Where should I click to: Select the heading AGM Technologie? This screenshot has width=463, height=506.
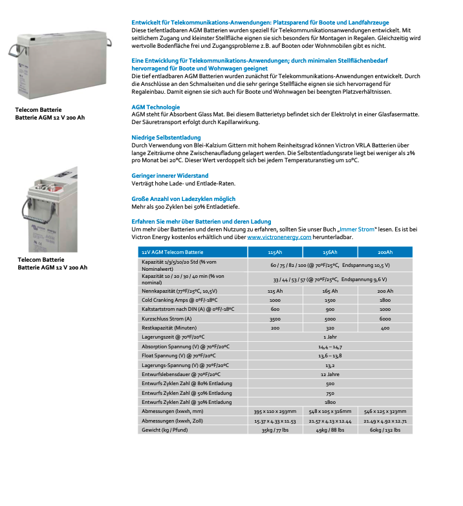click(155, 107)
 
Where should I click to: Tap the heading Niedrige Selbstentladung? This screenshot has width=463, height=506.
click(166, 138)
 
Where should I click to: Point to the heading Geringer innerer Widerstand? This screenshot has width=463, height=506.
click(169, 175)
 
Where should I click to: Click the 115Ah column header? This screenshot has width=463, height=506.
click(274, 252)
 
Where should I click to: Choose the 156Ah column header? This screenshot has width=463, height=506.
click(329, 252)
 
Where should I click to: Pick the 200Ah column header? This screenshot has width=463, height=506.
click(385, 252)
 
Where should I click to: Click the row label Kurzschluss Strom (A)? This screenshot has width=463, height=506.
click(167, 319)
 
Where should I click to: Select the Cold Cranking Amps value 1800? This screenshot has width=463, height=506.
click(385, 300)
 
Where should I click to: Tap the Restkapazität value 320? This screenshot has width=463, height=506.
click(329, 328)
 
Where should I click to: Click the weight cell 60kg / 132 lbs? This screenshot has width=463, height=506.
click(385, 429)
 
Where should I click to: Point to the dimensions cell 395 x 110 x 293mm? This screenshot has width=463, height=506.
click(274, 410)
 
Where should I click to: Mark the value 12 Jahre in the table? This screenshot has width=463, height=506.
click(330, 374)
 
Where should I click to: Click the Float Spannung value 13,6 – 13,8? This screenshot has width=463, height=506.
click(330, 355)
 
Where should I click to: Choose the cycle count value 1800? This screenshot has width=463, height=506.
click(330, 401)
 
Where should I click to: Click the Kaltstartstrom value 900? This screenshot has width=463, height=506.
click(329, 310)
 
